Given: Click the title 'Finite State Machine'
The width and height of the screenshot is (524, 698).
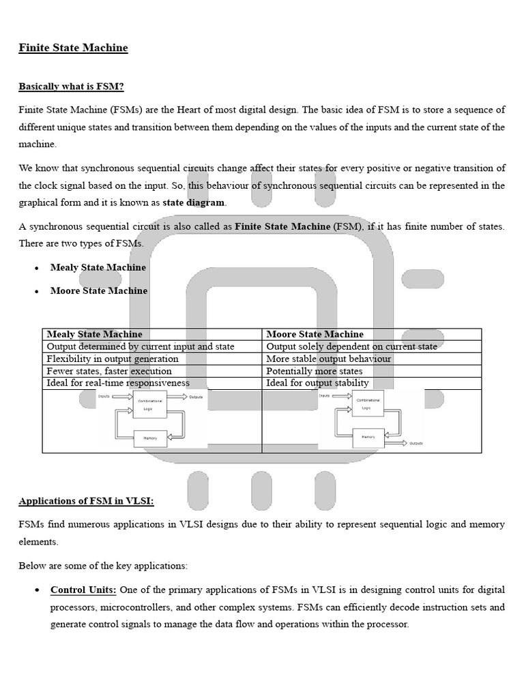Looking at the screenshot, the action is coord(73,48).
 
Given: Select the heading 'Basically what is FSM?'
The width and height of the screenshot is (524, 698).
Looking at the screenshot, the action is coord(71,87).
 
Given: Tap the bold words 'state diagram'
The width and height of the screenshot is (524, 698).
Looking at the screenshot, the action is coord(194,202).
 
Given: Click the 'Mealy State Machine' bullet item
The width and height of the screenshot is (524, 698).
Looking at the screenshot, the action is coord(98,267).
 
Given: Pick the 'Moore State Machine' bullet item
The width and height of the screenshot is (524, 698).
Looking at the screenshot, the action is coord(99,290).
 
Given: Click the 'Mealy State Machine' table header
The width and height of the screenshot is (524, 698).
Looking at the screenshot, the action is coord(95,334).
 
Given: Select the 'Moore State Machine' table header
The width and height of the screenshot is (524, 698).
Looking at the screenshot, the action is coord(315,334).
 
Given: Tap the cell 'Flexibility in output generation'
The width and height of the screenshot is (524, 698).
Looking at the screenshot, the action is coord(113,359).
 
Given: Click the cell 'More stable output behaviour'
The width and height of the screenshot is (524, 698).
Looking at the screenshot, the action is coord(329,359).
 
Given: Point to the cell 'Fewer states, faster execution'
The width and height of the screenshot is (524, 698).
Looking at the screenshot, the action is coord(109,371).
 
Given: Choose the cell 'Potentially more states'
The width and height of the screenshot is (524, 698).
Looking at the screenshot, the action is coord(315,371).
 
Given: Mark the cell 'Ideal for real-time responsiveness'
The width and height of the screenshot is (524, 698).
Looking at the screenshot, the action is coord(118,383).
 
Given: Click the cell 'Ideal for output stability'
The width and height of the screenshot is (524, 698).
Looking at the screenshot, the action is coord(317,383).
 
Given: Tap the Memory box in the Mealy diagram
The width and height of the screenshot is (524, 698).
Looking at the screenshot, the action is coord(150,438).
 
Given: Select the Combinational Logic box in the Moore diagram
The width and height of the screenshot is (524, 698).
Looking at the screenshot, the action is coord(368,404).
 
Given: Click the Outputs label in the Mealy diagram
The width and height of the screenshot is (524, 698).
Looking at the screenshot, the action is coord(196,397).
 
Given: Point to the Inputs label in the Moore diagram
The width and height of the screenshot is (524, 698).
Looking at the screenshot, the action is coord(325,395).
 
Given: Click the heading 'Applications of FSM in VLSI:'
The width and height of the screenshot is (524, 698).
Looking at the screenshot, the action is coord(87,501).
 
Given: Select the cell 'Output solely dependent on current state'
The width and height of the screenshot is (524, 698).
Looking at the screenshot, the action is coord(351,346).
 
